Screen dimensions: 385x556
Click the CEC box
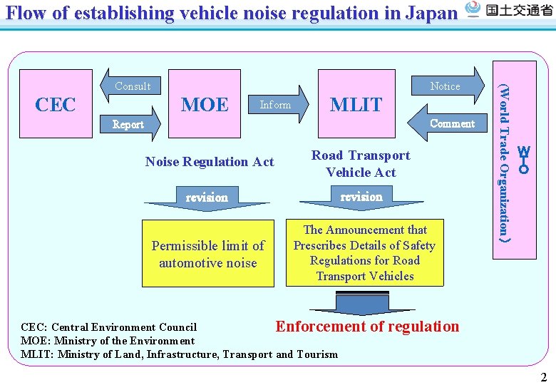pyautogui.click(x=56, y=104)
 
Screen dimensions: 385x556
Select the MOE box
pyautogui.click(x=205, y=104)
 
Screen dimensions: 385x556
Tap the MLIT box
pyautogui.click(x=356, y=104)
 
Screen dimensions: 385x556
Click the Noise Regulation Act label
pyautogui.click(x=209, y=162)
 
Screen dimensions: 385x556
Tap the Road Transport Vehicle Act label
pyautogui.click(x=361, y=164)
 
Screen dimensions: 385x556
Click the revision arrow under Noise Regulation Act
pyautogui.click(x=207, y=198)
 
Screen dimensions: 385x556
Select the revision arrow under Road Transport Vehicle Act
pyautogui.click(x=361, y=198)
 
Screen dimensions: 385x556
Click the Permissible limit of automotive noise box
pyautogui.click(x=207, y=254)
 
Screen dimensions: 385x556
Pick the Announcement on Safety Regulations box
pyautogui.click(x=364, y=253)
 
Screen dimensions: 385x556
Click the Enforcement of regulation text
pyautogui.click(x=367, y=327)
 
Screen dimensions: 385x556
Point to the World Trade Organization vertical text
pyautogui.click(x=504, y=160)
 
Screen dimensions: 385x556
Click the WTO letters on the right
pyautogui.click(x=524, y=160)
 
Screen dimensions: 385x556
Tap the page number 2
pyautogui.click(x=543, y=377)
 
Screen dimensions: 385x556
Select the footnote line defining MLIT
pyautogui.click(x=180, y=354)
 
